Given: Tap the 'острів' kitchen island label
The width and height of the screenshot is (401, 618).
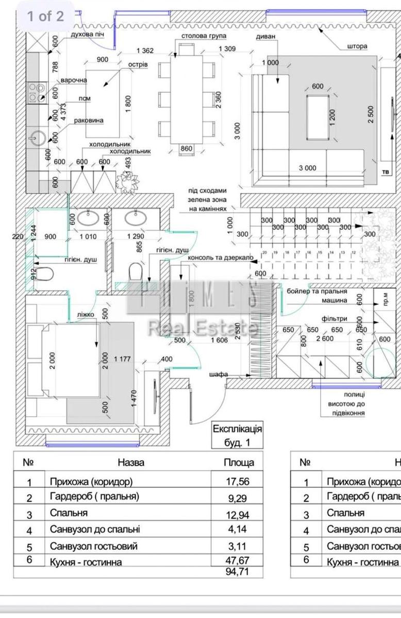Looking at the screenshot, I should (x=138, y=64).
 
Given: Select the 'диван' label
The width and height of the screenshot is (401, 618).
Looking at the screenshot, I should (x=265, y=37).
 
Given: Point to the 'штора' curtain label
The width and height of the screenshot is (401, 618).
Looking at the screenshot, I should (x=357, y=46).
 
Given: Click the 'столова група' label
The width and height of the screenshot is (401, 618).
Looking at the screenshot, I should (x=202, y=37).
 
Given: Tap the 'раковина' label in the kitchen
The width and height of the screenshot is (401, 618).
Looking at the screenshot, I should (x=89, y=121).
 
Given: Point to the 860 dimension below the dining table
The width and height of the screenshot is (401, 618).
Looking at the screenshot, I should (x=186, y=149).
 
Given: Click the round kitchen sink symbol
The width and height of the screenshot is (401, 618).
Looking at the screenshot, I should (x=37, y=138).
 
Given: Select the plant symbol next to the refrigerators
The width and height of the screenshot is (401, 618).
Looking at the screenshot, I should (x=128, y=181).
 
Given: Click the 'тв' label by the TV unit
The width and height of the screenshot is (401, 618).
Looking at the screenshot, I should (x=385, y=172).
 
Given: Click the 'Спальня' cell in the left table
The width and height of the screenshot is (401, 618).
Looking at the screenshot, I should (x=69, y=513).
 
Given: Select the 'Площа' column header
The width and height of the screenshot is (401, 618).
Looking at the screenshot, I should (x=238, y=462).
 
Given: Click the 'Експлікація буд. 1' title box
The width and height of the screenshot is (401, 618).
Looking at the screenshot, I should (x=238, y=435).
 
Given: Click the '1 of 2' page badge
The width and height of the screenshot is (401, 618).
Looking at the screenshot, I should (x=45, y=16).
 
